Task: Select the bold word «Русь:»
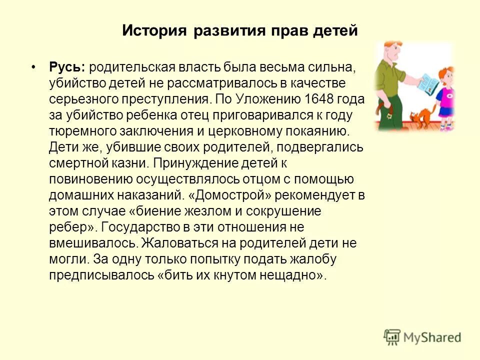pos(67,66)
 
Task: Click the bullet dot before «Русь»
pos(33,66)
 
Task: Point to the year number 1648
pos(318,99)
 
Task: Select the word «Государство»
pos(138,227)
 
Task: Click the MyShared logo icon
pos(392,337)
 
